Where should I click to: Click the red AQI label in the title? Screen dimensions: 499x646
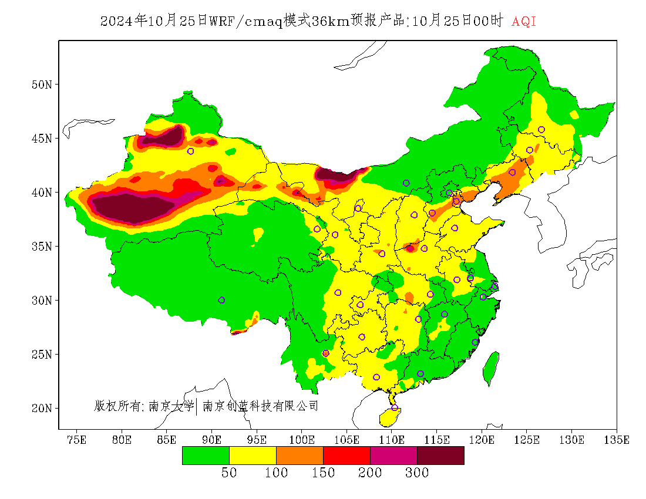tap(524, 22)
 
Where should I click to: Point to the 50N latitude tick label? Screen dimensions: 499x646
tap(42, 85)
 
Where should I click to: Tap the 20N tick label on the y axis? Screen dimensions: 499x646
tap(42, 408)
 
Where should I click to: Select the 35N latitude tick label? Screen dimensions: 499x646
tap(42, 247)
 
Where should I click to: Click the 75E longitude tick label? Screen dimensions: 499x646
tap(77, 440)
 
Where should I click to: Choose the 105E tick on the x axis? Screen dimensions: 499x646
tap(346, 440)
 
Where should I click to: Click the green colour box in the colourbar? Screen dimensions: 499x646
tap(206, 456)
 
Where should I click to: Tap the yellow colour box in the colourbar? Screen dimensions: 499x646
tap(253, 456)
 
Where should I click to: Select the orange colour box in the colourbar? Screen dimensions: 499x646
tap(300, 456)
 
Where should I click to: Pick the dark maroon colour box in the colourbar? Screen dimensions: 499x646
tap(440, 456)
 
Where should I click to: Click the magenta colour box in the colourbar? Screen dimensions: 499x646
tap(393, 456)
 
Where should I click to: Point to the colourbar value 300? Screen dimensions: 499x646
tap(417, 473)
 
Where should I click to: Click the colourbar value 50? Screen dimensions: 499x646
tap(229, 473)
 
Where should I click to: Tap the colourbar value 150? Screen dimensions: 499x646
tap(323, 473)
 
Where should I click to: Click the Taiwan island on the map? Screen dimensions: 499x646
tap(491, 368)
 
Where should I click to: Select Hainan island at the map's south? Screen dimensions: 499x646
tap(389, 417)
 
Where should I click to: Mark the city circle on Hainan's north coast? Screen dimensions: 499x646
tap(395, 407)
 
